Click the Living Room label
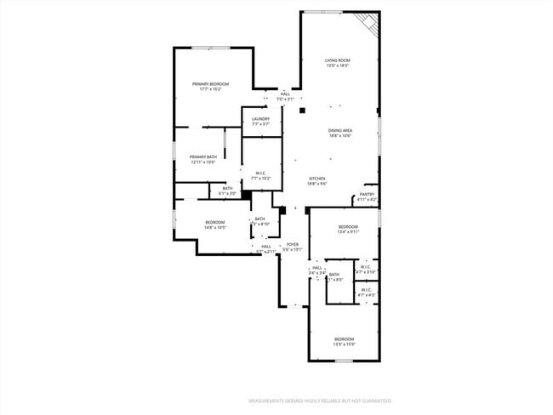tap(338, 60)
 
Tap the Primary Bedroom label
tap(212, 83)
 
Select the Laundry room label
tap(260, 119)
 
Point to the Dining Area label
tap(340, 130)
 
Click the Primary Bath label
tap(202, 156)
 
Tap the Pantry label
tap(367, 194)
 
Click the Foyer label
tap(292, 244)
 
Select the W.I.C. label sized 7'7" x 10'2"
tap(261, 173)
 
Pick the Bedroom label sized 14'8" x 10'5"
tap(214, 222)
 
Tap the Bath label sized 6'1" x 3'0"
tap(227, 188)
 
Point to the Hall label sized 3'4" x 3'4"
tap(317, 267)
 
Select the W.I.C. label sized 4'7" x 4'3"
tap(366, 289)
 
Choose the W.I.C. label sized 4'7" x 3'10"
tap(365, 267)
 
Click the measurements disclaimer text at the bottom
tap(320, 400)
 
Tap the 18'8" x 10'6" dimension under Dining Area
tap(340, 135)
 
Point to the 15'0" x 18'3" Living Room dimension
tap(338, 65)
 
